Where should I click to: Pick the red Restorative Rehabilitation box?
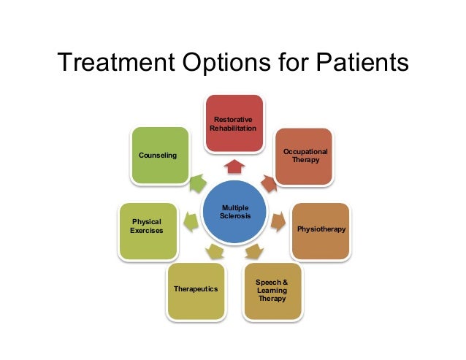[234, 123]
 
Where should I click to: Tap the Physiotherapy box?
[321, 231]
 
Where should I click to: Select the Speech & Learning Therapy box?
[272, 291]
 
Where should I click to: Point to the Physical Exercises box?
[147, 231]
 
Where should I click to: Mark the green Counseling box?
[158, 156]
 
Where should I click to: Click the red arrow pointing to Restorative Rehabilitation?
[234, 167]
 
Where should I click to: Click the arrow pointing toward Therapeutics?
[215, 253]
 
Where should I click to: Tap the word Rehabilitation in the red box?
[234, 129]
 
